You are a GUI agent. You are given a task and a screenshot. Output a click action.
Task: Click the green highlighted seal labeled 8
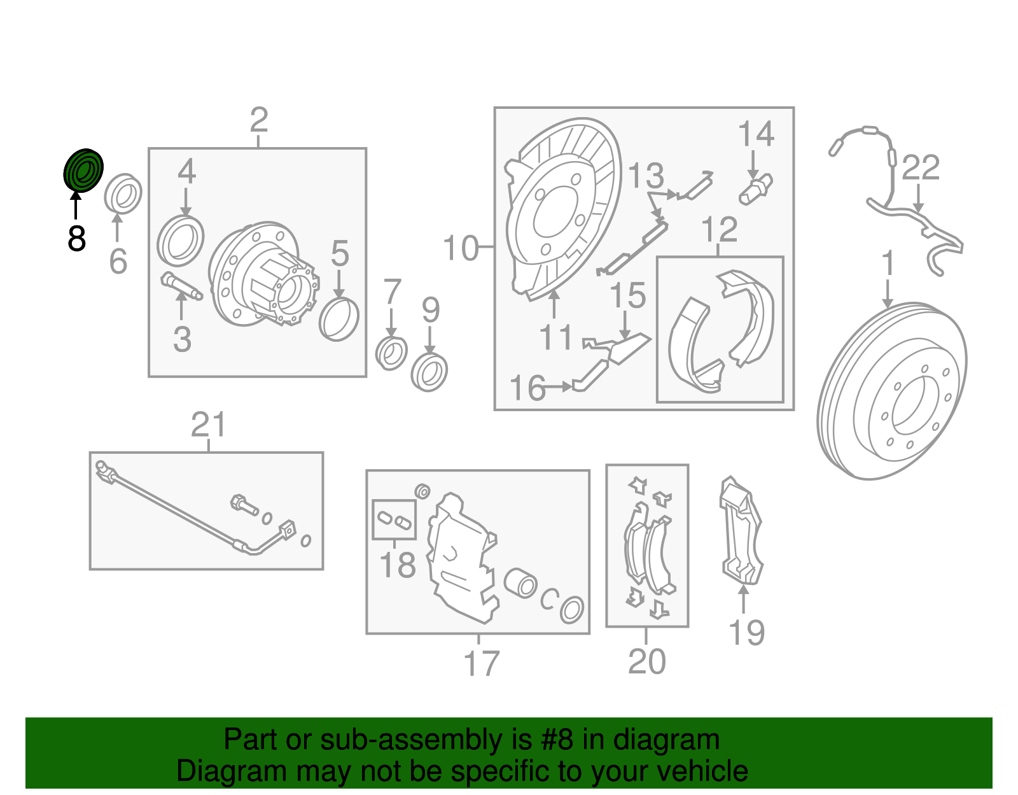(83, 171)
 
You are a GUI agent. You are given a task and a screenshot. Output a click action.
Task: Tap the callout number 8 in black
(76, 239)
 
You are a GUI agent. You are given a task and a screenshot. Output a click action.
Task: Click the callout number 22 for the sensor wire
(921, 168)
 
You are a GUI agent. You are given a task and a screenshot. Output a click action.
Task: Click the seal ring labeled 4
(180, 241)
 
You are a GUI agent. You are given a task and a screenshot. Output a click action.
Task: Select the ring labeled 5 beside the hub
(339, 318)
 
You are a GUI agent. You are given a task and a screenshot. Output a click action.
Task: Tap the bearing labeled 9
(429, 372)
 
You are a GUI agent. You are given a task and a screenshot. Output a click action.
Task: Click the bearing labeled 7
(391, 353)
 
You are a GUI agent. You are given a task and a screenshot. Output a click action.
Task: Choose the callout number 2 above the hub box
(258, 120)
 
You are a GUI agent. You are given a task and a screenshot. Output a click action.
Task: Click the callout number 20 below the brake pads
(646, 661)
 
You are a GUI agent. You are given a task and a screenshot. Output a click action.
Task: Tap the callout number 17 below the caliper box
(481, 664)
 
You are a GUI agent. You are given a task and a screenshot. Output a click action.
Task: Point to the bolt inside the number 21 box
(244, 505)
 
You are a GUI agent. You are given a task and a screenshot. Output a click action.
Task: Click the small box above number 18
(394, 519)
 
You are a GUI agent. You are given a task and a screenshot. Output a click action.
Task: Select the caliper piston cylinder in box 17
(520, 582)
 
